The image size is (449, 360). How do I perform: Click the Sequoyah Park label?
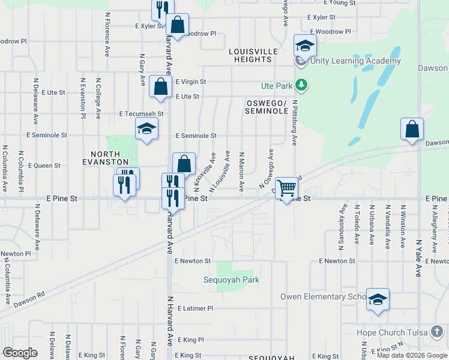pyautogui.click(x=231, y=280)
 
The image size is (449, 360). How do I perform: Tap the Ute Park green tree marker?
pyautogui.click(x=302, y=86)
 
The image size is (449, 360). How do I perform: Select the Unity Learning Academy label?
pyautogui.click(x=355, y=61)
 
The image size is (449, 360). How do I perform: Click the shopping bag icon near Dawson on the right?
pyautogui.click(x=412, y=129)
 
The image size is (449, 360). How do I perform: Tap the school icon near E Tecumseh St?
pyautogui.click(x=146, y=129)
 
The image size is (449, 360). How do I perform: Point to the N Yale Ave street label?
pyautogui.click(x=418, y=258)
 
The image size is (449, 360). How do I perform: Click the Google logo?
pyautogui.click(x=20, y=353)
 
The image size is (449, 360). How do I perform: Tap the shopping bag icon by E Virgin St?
pyautogui.click(x=161, y=86)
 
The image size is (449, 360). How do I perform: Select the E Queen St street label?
pyautogui.click(x=44, y=165)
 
